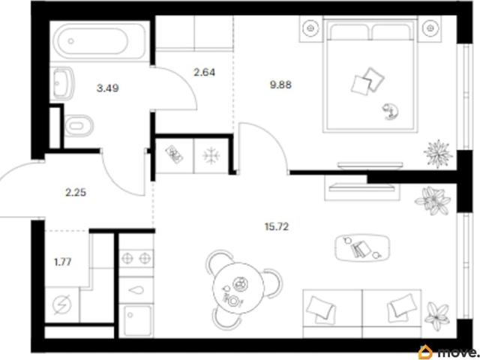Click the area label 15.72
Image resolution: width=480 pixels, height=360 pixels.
276,226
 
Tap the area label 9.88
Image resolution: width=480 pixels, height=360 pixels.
280,85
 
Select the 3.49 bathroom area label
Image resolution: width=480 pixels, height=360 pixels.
107,88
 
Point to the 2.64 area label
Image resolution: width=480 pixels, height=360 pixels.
205,73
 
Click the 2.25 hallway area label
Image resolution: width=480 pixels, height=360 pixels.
76,193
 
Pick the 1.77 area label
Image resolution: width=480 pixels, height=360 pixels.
63,262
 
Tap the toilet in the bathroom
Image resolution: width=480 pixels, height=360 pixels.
79,126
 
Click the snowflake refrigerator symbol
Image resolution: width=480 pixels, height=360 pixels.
211,156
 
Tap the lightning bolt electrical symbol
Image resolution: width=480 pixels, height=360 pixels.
62,304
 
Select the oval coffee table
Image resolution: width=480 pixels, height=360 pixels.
362,247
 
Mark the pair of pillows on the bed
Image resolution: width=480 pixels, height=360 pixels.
367,80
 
